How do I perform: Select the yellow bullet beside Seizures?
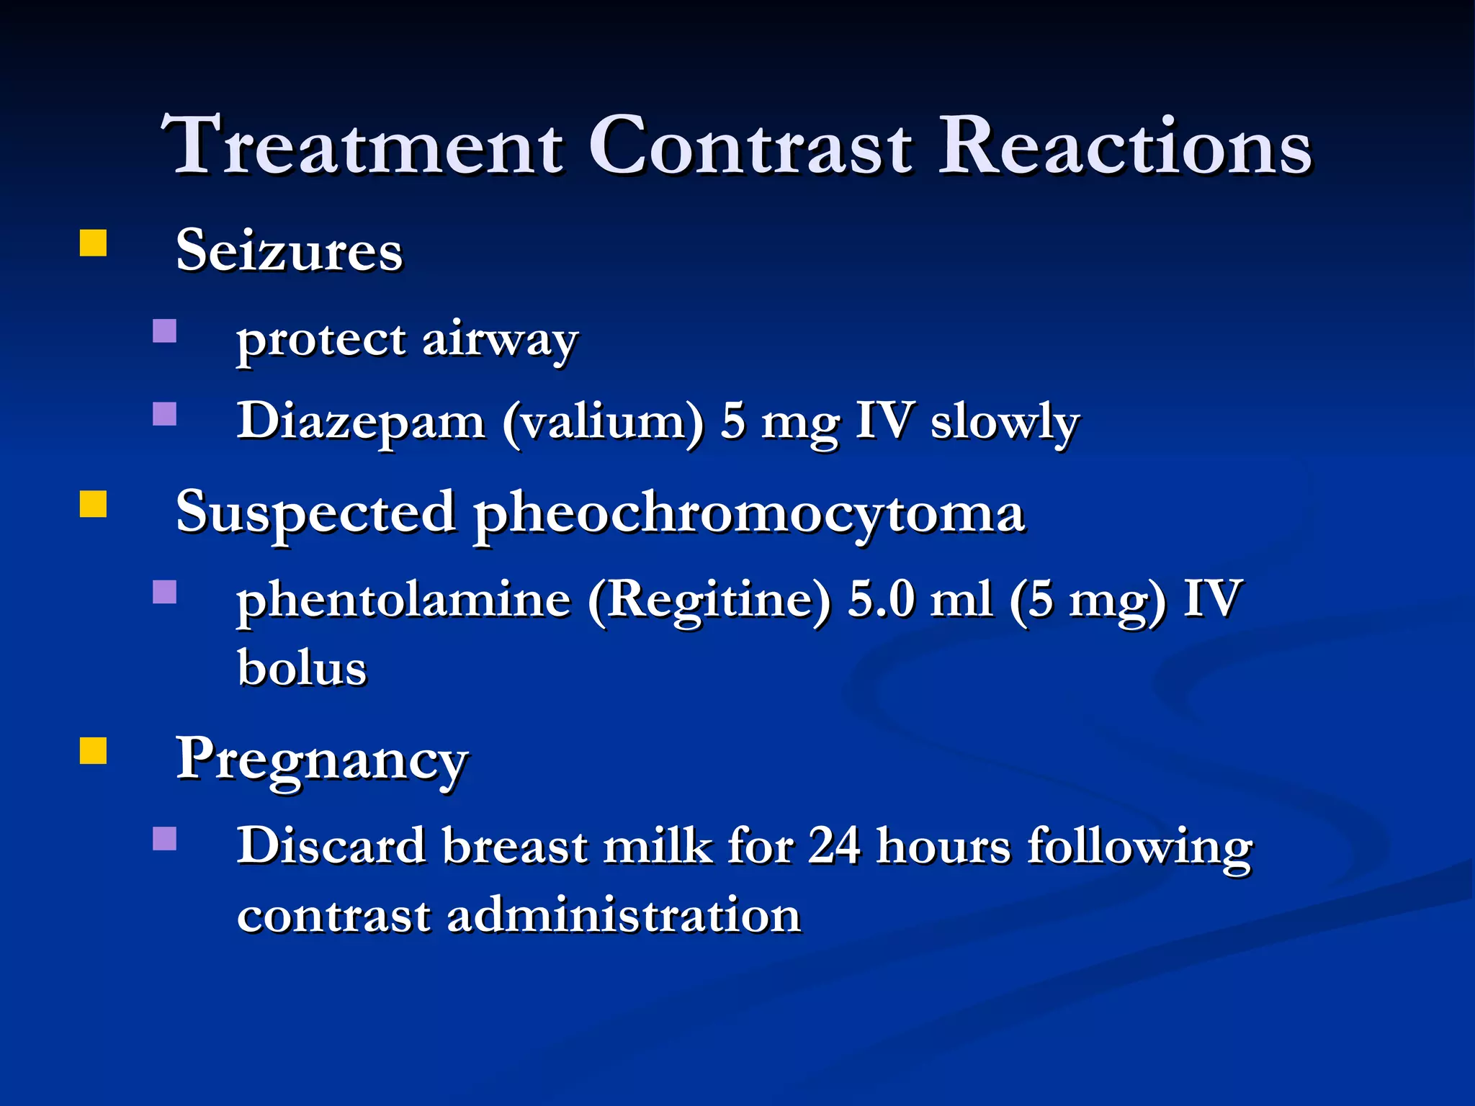pyautogui.click(x=93, y=243)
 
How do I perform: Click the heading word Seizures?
pyautogui.click(x=289, y=251)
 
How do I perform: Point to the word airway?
pyautogui.click(x=500, y=340)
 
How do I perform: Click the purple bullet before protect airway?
pyautogui.click(x=165, y=331)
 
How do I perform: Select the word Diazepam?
pyautogui.click(x=361, y=421)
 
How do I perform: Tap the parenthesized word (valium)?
pyautogui.click(x=603, y=423)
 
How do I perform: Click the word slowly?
pyautogui.click(x=1005, y=423)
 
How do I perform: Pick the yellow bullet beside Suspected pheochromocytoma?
pyautogui.click(x=93, y=504)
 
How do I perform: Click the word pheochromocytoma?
pyautogui.click(x=749, y=513)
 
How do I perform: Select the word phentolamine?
pyautogui.click(x=403, y=600)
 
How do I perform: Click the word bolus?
pyautogui.click(x=302, y=667)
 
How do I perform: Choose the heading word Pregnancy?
pyautogui.click(x=323, y=760)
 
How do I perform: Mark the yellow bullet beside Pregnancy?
pyautogui.click(x=93, y=750)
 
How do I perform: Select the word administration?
pyautogui.click(x=624, y=916)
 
